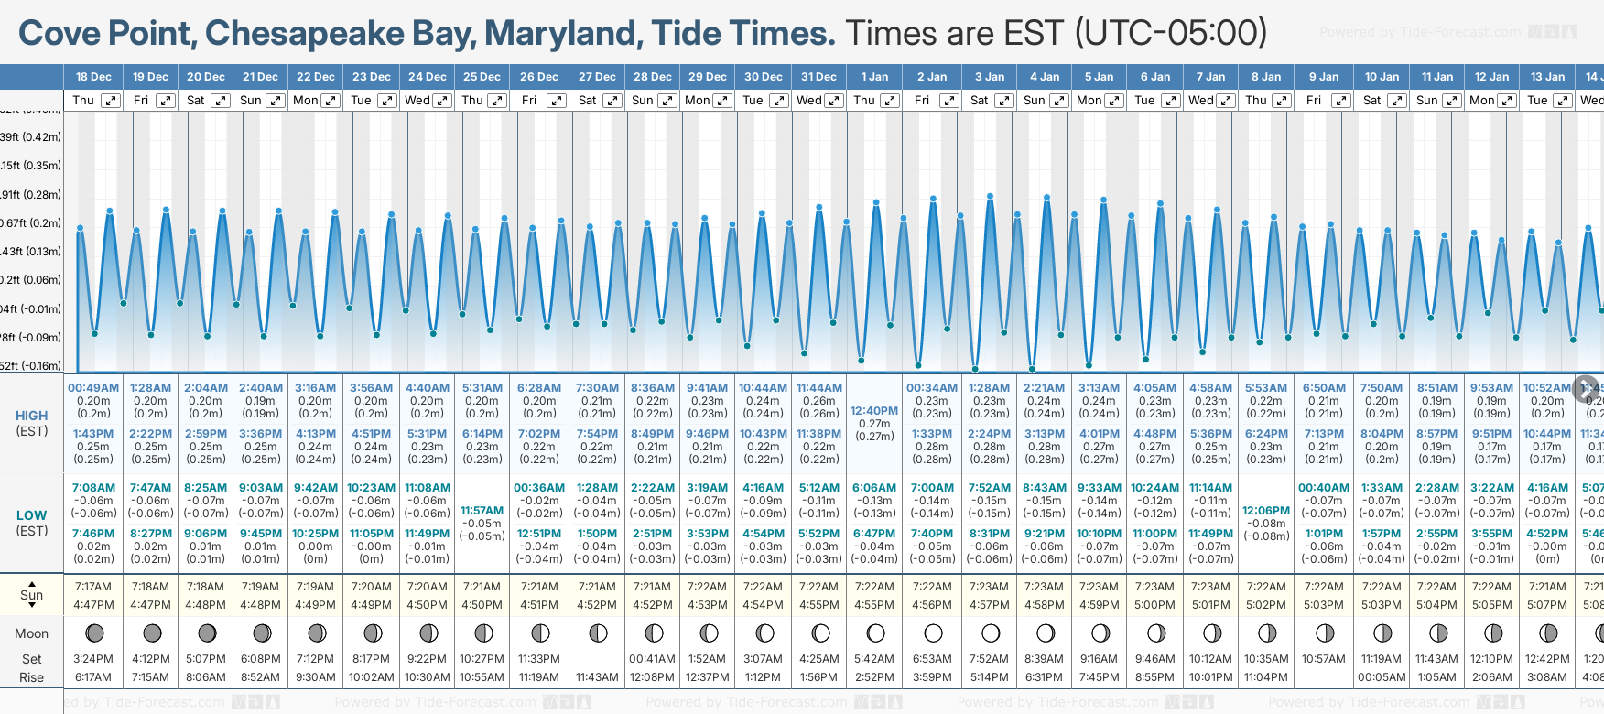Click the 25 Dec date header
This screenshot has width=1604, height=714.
click(x=482, y=77)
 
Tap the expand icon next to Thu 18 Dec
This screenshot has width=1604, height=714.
click(x=110, y=101)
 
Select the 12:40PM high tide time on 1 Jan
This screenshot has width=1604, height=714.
click(x=874, y=411)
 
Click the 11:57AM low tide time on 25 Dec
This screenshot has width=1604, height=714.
click(x=482, y=511)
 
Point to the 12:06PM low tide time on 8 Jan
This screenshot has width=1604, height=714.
click(x=1266, y=511)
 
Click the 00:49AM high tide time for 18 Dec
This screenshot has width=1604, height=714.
click(x=93, y=388)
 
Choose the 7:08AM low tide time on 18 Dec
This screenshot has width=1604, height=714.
click(x=93, y=488)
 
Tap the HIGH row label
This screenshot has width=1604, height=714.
click(x=31, y=416)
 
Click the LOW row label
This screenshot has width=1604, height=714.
click(x=31, y=515)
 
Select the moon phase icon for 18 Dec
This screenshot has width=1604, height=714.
click(x=93, y=633)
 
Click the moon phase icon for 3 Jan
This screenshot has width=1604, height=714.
click(x=990, y=633)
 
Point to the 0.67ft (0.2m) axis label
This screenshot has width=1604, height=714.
click(x=31, y=222)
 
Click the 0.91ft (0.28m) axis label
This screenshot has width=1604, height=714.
click(x=31, y=194)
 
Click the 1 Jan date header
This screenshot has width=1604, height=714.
click(x=874, y=77)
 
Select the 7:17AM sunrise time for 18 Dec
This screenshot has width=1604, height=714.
click(x=93, y=587)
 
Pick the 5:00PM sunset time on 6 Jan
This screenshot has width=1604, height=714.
click(x=1154, y=605)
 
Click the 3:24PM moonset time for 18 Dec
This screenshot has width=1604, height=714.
click(x=93, y=659)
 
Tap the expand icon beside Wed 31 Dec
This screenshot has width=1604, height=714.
click(x=834, y=101)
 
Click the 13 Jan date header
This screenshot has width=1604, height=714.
click(x=1547, y=77)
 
